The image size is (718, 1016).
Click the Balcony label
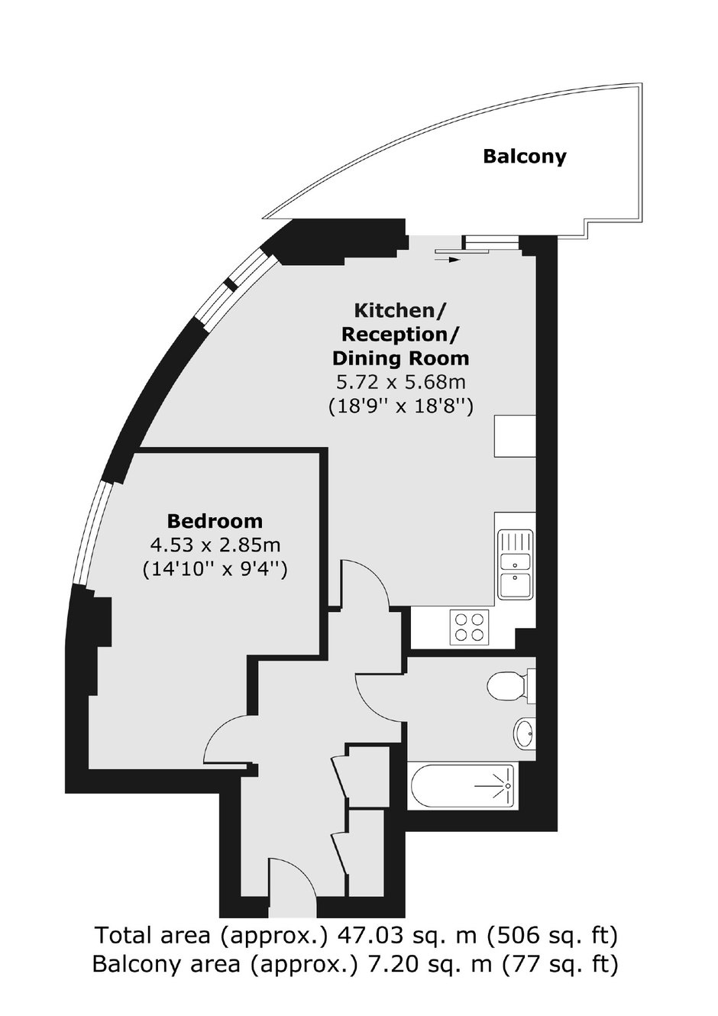coord(525,157)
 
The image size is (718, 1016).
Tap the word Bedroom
coord(215,521)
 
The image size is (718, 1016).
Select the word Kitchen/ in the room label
coord(400,311)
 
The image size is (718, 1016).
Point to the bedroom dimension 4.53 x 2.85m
coord(215,545)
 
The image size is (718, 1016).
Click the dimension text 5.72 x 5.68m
coord(400,383)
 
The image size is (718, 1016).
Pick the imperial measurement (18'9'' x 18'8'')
coord(400,406)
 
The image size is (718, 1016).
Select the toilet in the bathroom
coord(511,684)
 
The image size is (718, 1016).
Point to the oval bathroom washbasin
coord(524,733)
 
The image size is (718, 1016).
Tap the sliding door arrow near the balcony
coord(448,260)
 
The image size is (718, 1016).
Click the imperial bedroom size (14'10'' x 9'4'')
coord(215,569)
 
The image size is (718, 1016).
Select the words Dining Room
coord(400,358)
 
